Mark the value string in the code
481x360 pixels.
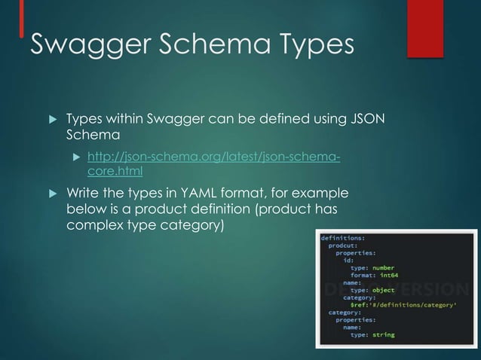[x=383, y=334]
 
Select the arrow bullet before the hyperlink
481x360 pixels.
[x=75, y=157]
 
